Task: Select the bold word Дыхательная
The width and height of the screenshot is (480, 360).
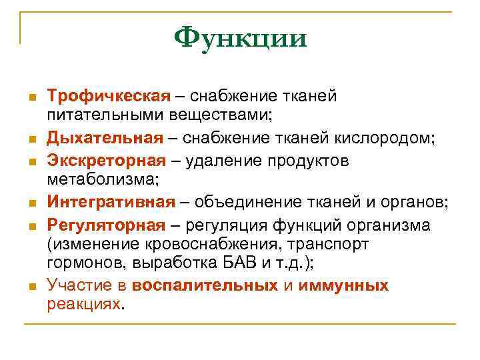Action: point(105,138)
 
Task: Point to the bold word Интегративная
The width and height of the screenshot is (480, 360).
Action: point(111,203)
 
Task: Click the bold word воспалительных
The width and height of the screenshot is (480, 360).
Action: point(205,286)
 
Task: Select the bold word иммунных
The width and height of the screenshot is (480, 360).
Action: point(344,286)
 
